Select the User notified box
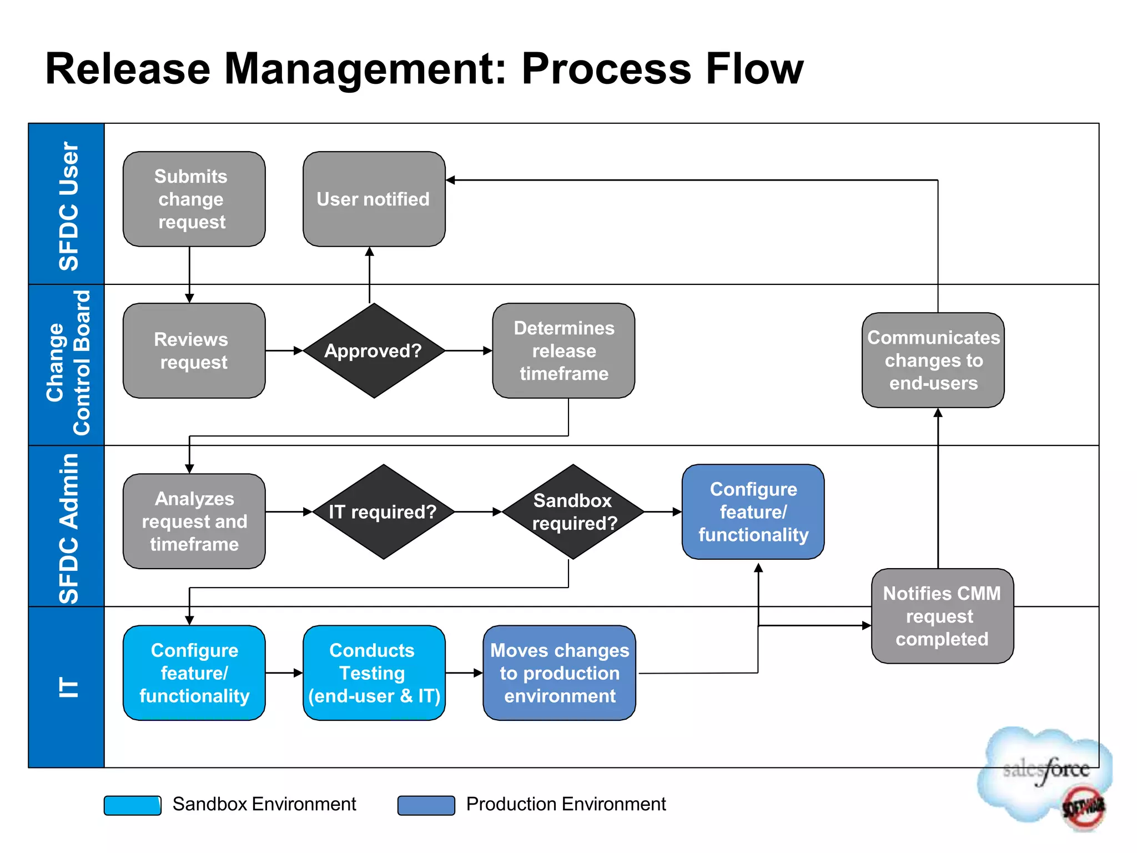tap(374, 199)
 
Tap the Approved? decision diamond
tap(374, 350)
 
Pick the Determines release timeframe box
tap(564, 350)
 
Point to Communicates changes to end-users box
tap(933, 360)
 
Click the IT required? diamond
tap(383, 511)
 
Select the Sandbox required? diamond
tap(573, 511)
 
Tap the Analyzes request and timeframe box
tap(194, 521)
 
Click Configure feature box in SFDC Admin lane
tap(753, 511)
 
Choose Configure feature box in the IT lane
tap(194, 673)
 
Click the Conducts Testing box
tap(374, 673)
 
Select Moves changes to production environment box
tap(559, 673)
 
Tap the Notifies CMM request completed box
tap(942, 616)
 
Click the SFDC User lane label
tap(68, 205)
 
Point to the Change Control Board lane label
tap(68, 364)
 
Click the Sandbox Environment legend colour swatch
tap(133, 805)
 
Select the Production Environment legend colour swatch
tap(426, 805)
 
